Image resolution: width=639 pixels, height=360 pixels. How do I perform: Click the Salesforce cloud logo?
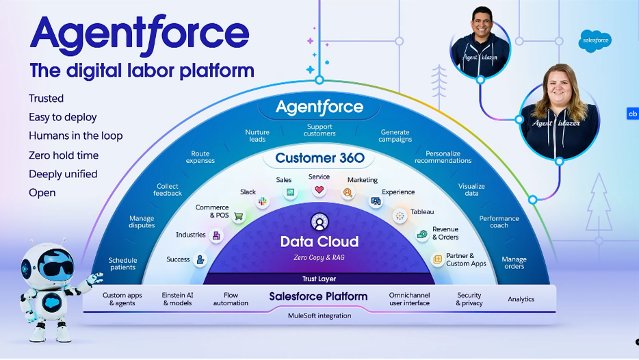[595, 41]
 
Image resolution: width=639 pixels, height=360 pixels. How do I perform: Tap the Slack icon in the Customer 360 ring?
[263, 201]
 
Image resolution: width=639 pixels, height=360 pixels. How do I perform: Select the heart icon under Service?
[319, 190]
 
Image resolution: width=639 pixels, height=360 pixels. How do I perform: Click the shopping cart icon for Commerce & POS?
[239, 216]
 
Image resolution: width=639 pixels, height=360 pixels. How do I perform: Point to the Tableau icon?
[400, 216]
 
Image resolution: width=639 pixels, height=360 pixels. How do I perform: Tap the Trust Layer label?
[319, 279]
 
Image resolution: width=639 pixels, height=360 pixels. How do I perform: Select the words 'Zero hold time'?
[64, 155]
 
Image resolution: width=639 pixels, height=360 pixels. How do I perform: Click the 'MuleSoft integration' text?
[319, 316]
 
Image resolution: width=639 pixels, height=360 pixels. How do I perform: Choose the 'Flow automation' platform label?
[231, 299]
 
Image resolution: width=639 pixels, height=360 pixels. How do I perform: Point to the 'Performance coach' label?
[499, 222]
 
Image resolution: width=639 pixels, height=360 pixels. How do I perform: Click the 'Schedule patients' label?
[122, 263]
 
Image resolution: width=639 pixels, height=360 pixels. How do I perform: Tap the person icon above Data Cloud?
[319, 222]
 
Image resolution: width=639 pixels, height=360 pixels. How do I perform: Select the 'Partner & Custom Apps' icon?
[437, 259]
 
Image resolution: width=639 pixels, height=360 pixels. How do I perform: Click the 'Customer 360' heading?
[320, 158]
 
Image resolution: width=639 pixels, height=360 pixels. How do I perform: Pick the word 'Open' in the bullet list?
[42, 193]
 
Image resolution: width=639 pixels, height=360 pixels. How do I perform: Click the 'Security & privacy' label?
[469, 299]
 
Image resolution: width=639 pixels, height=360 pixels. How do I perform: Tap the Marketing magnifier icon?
[348, 192]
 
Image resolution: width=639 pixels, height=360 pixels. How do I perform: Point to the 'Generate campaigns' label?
[395, 136]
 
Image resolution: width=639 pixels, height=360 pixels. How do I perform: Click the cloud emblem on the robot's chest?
[52, 303]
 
